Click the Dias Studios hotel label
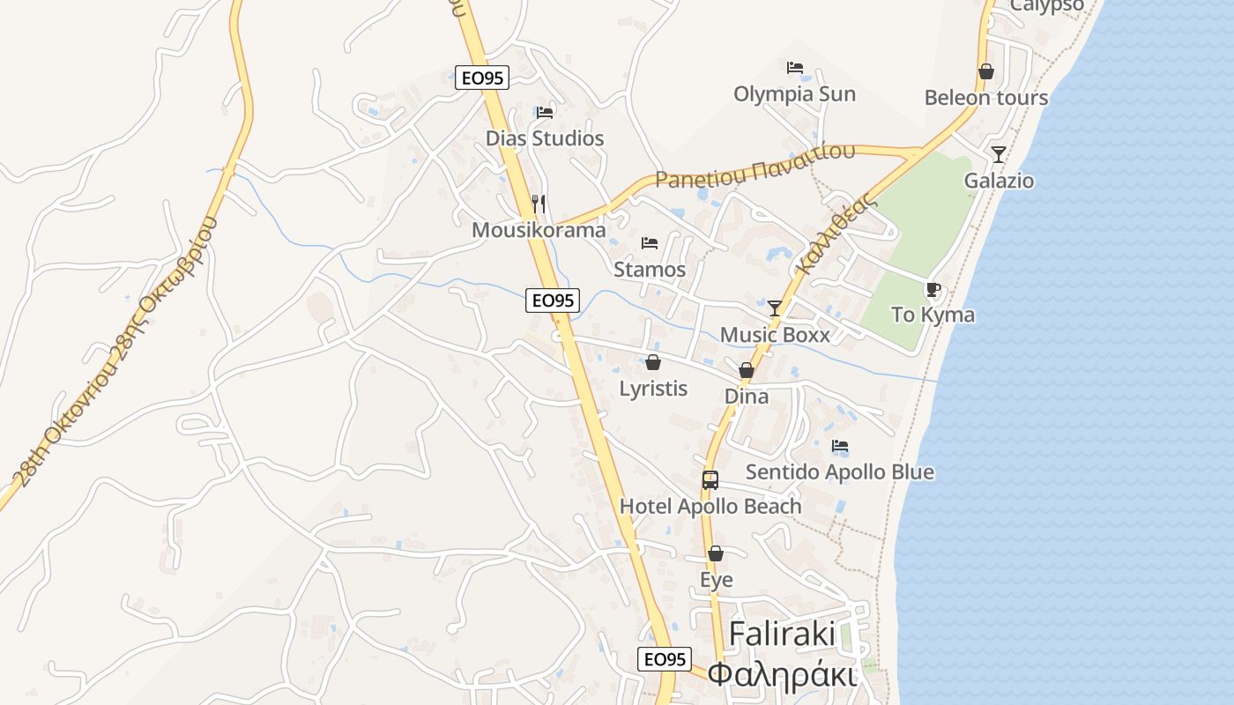pyautogui.click(x=545, y=138)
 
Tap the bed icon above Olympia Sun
pyautogui.click(x=795, y=68)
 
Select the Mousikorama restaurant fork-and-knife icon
pyautogui.click(x=539, y=204)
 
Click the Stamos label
pyautogui.click(x=650, y=270)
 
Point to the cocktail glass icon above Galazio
pyautogui.click(x=999, y=155)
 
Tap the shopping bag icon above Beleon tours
pyautogui.click(x=986, y=71)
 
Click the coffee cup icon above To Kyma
pyautogui.click(x=933, y=289)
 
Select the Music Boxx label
pyautogui.click(x=775, y=335)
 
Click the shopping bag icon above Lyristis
pyautogui.click(x=653, y=362)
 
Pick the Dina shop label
pyautogui.click(x=747, y=397)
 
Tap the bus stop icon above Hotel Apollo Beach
pyautogui.click(x=710, y=480)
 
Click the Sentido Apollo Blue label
pyautogui.click(x=840, y=472)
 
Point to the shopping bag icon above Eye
pyautogui.click(x=716, y=554)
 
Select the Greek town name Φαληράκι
pyautogui.click(x=782, y=674)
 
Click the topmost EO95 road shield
pyautogui.click(x=482, y=78)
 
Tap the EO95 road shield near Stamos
pyautogui.click(x=553, y=301)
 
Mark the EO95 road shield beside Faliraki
pyautogui.click(x=665, y=659)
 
